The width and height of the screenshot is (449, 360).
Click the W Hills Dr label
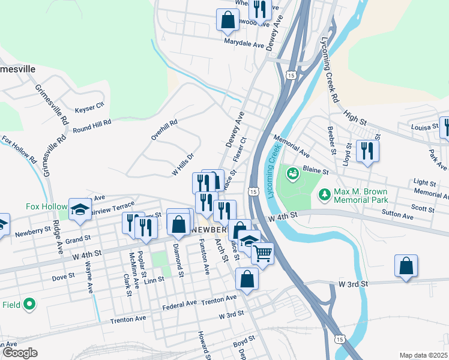(x=184, y=163)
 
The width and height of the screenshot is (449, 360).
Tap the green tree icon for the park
(x=324, y=194)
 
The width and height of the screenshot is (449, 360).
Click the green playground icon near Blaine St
(x=293, y=174)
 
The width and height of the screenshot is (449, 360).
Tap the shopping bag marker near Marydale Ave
(x=228, y=19)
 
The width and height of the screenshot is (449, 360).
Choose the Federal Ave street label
(x=180, y=304)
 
